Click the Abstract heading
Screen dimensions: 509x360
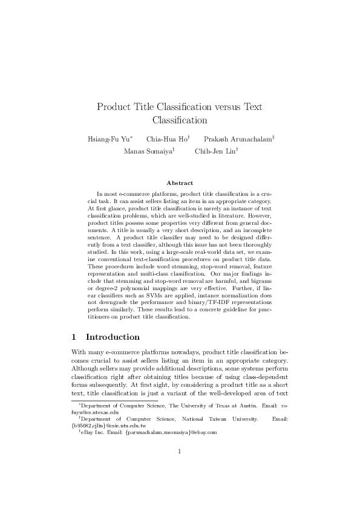pyautogui.click(x=180, y=183)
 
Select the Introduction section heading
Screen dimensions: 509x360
pyautogui.click(x=113, y=337)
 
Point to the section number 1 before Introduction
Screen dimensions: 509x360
pyautogui.click(x=74, y=337)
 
